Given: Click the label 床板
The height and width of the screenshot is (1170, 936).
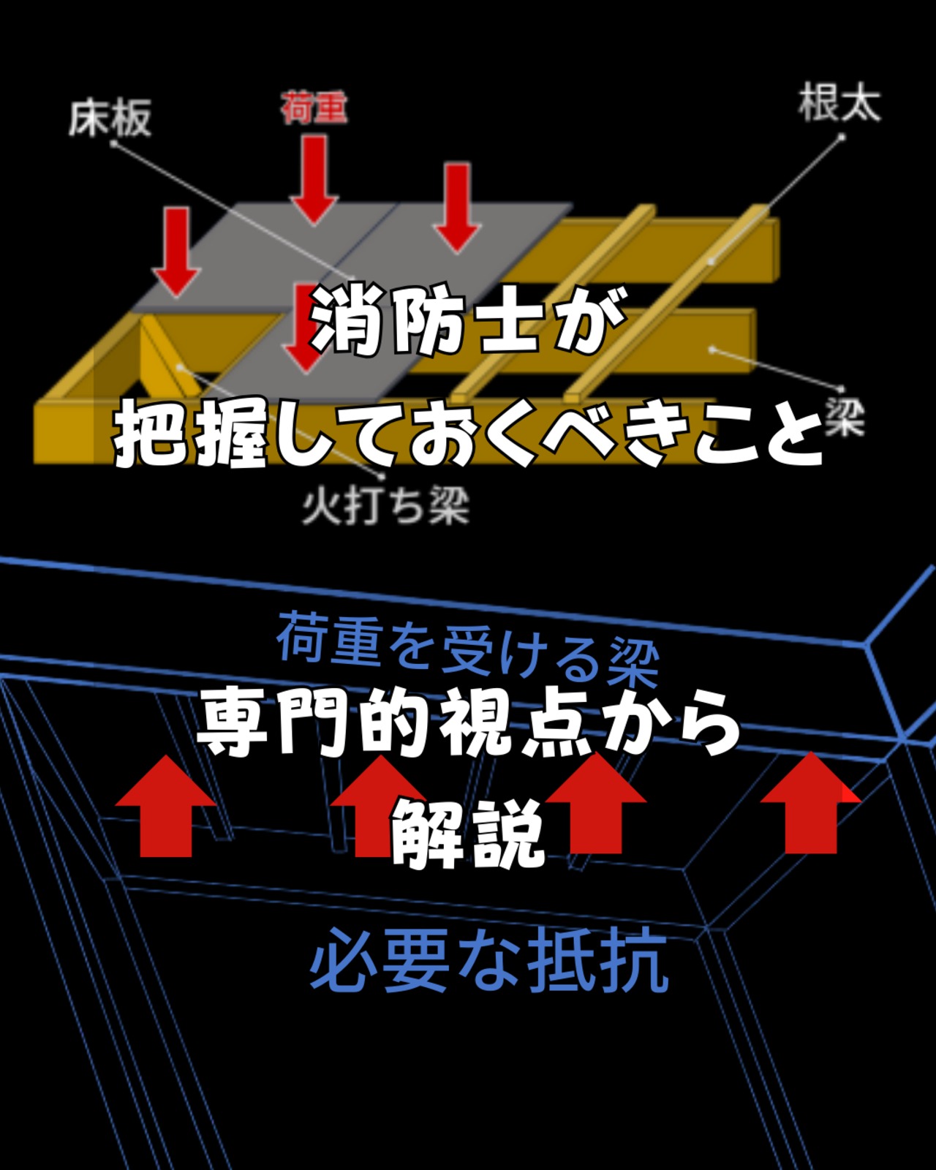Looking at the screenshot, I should point(110,118).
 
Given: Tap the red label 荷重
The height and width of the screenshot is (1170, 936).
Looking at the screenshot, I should point(314,108).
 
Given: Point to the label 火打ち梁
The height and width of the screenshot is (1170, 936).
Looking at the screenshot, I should point(385,506).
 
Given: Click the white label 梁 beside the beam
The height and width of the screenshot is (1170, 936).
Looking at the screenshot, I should point(845,418).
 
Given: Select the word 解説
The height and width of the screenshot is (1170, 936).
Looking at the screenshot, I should point(468,834).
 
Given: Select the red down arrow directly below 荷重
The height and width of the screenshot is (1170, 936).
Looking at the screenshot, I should point(314,179).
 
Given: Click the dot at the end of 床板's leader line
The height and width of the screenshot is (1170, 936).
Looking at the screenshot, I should point(113,144).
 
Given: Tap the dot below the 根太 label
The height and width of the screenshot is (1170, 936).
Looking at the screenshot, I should point(842,136).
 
